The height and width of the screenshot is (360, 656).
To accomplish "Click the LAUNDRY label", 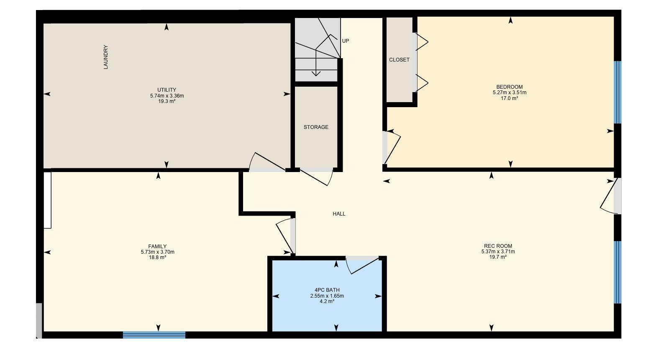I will click(106, 57).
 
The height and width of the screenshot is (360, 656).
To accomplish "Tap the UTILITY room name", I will click(167, 90).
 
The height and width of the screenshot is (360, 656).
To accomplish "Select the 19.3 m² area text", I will click(167, 101).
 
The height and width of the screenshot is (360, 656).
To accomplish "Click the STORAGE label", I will click(316, 127).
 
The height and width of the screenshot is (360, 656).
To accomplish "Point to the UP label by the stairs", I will click(346, 41).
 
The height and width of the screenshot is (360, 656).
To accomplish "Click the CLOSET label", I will click(399, 60).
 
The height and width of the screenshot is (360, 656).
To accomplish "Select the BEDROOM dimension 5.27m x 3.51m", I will click(509, 93).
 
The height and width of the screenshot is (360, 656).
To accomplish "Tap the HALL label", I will click(339, 214).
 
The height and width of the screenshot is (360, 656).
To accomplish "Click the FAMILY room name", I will click(157, 247).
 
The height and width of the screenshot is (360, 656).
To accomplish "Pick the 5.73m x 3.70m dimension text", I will click(157, 252).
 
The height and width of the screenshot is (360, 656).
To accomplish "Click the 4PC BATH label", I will click(327, 290).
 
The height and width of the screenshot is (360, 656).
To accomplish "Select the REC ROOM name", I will click(498, 246).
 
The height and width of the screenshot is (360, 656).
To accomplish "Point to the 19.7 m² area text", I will click(498, 257).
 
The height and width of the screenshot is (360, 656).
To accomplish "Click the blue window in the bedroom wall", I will click(617, 92).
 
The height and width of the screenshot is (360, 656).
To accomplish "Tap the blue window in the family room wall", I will click(154, 334).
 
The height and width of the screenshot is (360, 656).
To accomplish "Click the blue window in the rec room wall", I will click(617, 272).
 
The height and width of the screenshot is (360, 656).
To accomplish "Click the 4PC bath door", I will click(362, 265).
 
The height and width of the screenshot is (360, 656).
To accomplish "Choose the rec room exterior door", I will click(611, 196).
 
